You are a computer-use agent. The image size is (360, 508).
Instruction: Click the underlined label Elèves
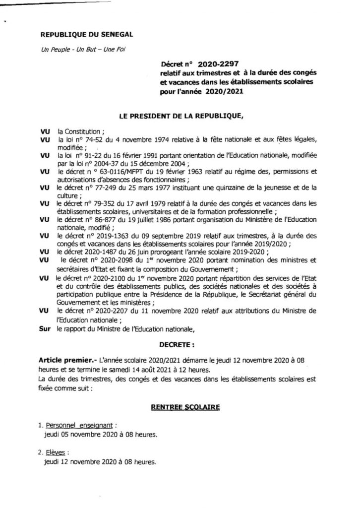click(x=56, y=452)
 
